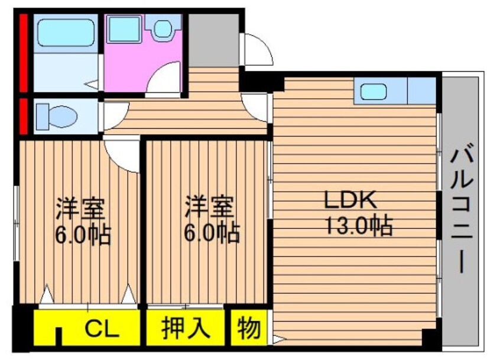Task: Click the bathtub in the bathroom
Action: [x=65, y=34]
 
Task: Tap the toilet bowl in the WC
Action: [x=56, y=116]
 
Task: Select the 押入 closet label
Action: [x=186, y=327]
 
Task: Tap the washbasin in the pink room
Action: [x=163, y=30]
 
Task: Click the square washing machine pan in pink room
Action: [x=124, y=30]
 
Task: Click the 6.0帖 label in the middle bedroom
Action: [x=210, y=232]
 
